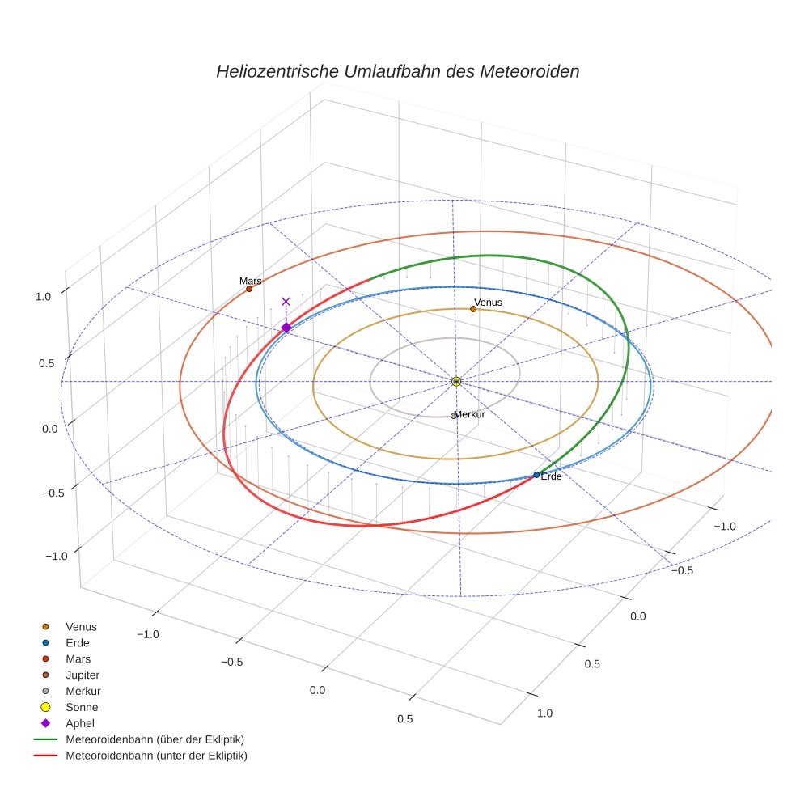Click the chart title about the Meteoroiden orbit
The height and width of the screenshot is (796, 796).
tap(397, 71)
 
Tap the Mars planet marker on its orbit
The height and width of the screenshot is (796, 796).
tap(249, 289)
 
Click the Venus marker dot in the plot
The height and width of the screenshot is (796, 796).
tap(473, 309)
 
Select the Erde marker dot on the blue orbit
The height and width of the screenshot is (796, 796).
tap(536, 475)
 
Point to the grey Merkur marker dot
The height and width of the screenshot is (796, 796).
tap(453, 416)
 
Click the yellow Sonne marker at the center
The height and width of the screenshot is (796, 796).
tap(456, 381)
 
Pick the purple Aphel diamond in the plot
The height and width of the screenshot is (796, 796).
tap(286, 328)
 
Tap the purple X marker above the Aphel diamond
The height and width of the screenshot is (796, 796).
tap(286, 301)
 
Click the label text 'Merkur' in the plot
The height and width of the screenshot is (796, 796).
tap(470, 415)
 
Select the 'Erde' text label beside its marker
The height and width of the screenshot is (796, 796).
tap(551, 476)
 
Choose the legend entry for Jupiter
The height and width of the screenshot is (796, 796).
tap(83, 675)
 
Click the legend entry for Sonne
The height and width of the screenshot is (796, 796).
tap(82, 707)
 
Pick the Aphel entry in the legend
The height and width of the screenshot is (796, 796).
tap(80, 723)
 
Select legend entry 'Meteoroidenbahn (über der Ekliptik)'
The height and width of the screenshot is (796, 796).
tap(155, 739)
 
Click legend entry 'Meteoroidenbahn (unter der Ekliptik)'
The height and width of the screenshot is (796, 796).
tap(156, 756)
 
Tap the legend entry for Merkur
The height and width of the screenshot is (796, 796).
tap(83, 691)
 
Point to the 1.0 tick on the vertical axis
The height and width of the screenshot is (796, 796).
tap(43, 297)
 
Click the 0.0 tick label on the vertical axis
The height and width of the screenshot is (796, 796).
tap(50, 429)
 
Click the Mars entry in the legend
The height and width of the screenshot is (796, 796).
tap(78, 658)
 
